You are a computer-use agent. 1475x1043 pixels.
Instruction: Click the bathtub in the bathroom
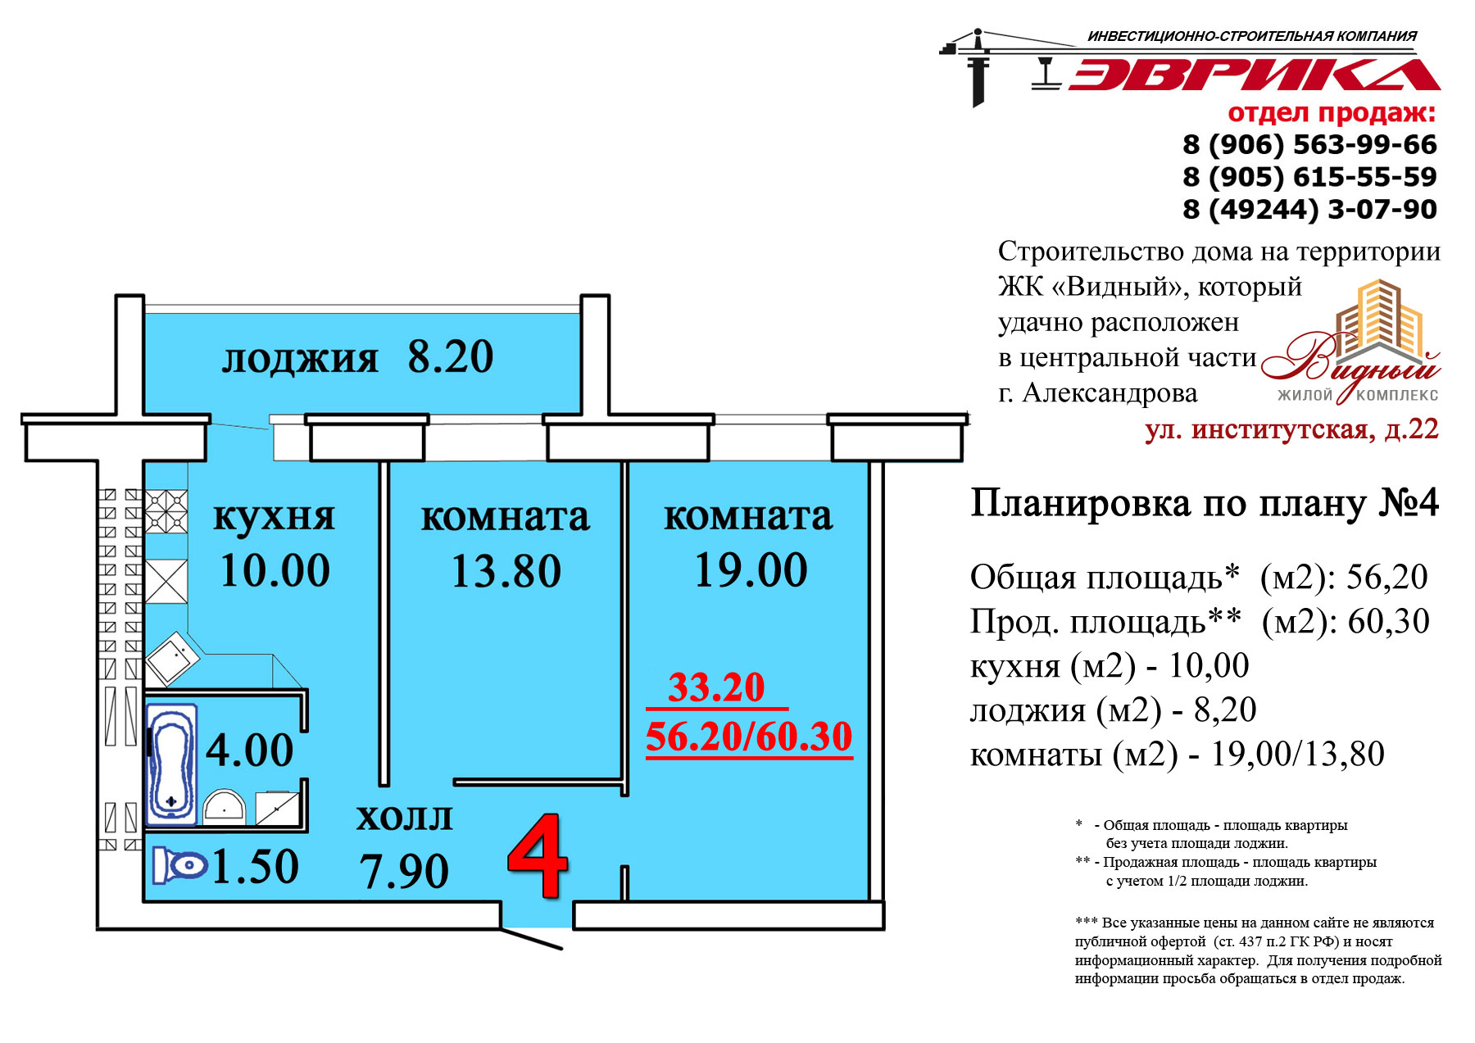(x=171, y=764)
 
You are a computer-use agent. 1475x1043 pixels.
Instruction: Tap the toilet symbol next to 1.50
(x=179, y=865)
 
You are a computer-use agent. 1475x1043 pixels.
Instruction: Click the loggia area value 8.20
(x=451, y=356)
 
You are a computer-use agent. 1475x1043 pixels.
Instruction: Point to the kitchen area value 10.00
(x=275, y=570)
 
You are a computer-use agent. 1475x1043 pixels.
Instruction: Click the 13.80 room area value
(x=506, y=571)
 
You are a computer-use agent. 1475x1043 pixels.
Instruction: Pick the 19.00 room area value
(x=751, y=570)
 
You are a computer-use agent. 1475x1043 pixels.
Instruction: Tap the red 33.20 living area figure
(x=716, y=687)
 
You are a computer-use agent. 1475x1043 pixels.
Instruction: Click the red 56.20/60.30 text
(x=749, y=737)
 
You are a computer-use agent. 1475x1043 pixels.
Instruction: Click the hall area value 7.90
(x=404, y=871)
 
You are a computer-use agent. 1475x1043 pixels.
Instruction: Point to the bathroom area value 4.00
(x=249, y=751)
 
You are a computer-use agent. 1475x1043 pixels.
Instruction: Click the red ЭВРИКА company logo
(x=1254, y=74)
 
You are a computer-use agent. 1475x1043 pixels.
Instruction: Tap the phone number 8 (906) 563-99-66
(x=1309, y=145)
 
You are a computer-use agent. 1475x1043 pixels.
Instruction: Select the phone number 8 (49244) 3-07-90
(x=1309, y=210)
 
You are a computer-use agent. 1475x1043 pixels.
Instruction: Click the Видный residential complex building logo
(x=1351, y=342)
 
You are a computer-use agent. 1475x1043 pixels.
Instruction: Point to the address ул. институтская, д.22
(x=1291, y=429)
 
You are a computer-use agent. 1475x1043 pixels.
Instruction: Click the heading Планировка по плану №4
(x=1205, y=503)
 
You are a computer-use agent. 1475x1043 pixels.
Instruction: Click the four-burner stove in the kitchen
(x=166, y=511)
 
